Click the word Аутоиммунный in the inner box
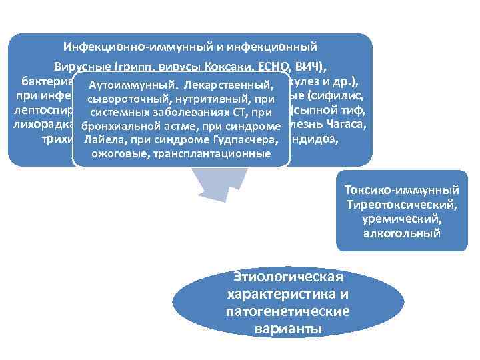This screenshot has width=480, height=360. click(x=125, y=86)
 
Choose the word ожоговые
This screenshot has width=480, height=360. click(x=118, y=153)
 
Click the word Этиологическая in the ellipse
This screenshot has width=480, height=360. click(x=287, y=277)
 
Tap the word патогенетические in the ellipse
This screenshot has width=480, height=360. click(x=287, y=311)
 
